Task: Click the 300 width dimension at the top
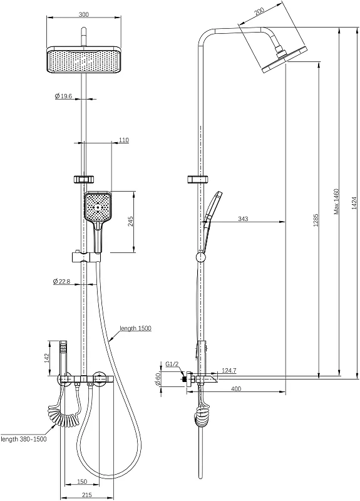84,14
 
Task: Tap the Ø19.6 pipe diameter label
63,96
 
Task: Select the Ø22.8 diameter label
61,281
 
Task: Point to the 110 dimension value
123,140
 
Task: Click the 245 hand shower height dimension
131,221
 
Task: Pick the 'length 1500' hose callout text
135,328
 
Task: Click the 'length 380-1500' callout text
24,439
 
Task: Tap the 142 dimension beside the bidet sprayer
47,358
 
